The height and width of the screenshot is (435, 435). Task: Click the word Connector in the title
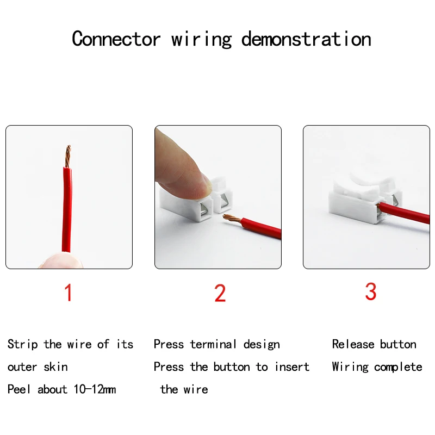click(x=116, y=39)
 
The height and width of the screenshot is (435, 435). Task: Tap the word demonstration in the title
click(x=306, y=39)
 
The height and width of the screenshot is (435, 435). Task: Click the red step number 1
click(x=69, y=293)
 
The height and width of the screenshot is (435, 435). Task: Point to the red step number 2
click(x=220, y=293)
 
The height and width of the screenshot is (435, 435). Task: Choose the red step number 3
click(x=371, y=291)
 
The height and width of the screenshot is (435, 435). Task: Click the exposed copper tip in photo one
click(x=68, y=156)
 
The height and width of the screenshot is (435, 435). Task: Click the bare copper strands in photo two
click(x=232, y=219)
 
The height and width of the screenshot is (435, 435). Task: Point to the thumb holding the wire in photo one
click(x=61, y=260)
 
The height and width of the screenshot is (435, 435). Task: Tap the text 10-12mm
click(x=95, y=389)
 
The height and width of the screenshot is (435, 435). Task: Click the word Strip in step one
click(x=22, y=345)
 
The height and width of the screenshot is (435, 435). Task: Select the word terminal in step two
click(x=213, y=344)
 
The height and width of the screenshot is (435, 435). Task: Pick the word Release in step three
click(x=353, y=344)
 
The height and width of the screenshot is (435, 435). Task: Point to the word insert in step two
click(x=292, y=366)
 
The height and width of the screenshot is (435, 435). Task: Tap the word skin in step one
click(x=56, y=366)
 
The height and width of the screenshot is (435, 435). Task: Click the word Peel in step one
click(x=19, y=389)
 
